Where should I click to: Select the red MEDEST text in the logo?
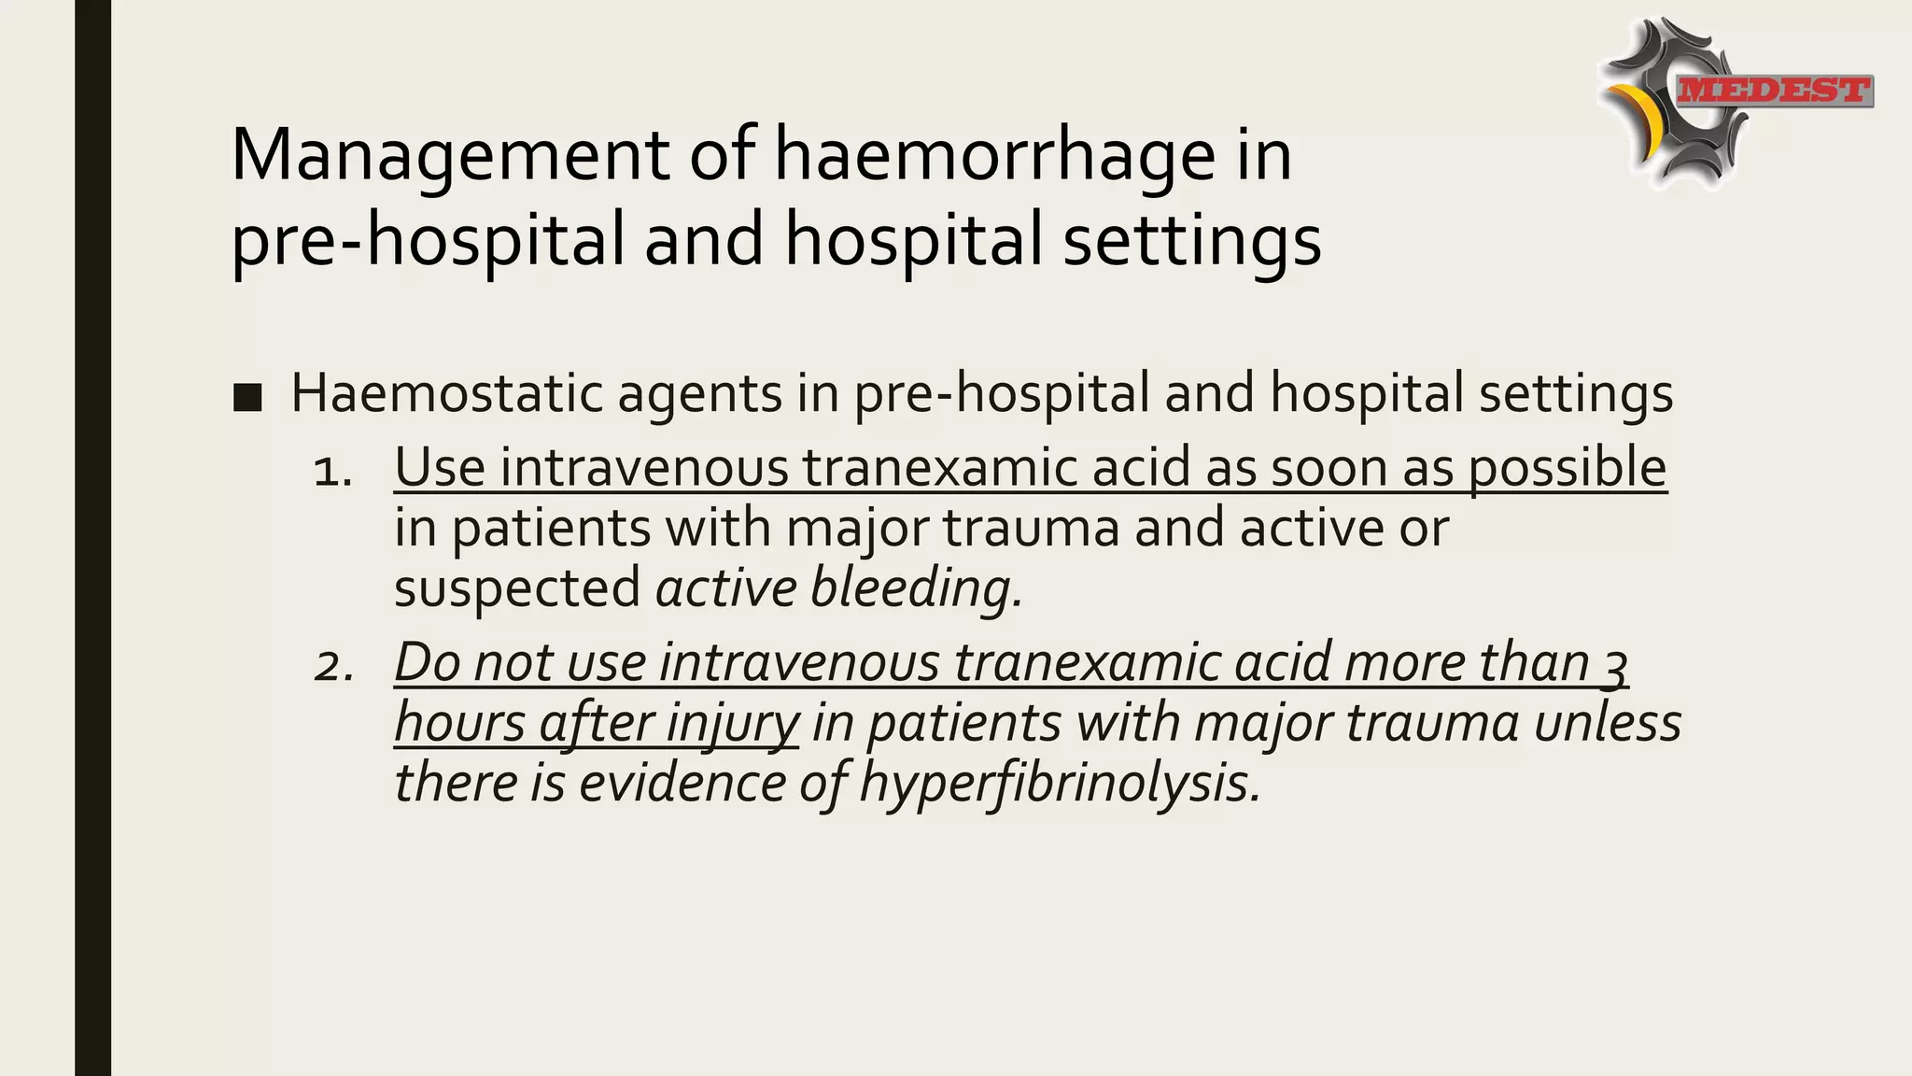(1774, 91)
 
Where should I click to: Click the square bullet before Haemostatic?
(247, 397)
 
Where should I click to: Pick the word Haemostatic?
(446, 392)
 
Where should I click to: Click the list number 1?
(331, 472)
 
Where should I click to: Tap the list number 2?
(333, 666)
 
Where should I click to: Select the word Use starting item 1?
(439, 467)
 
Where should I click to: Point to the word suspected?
(516, 589)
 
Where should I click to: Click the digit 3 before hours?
(1615, 665)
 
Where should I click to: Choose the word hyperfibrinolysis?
(1060, 783)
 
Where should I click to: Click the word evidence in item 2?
(681, 782)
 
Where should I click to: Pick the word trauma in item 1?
(1031, 528)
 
